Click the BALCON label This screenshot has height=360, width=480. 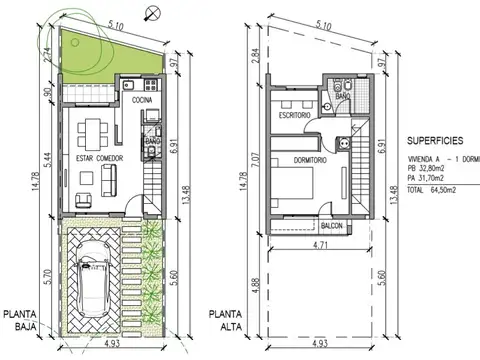pos(333,226)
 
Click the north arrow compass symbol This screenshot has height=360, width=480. pos(150,12)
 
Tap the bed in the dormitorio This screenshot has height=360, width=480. pos(295,185)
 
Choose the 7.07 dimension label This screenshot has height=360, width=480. pos(256,157)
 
